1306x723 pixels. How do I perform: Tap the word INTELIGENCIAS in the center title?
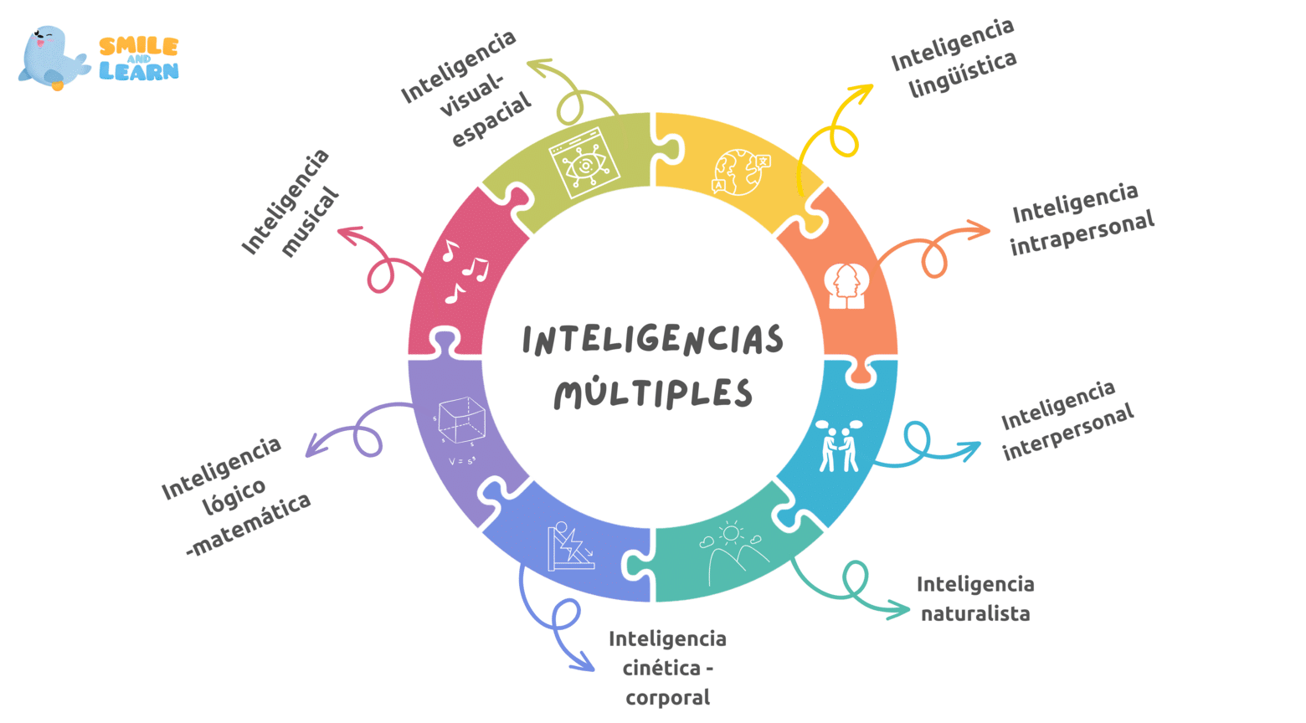(652, 340)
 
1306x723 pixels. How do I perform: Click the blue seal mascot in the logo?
(54, 57)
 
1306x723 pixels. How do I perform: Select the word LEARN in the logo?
(139, 71)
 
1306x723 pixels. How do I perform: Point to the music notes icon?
(465, 271)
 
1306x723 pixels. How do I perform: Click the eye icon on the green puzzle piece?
(584, 162)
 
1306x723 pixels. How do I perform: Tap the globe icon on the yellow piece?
(740, 172)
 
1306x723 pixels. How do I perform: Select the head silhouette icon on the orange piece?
(846, 285)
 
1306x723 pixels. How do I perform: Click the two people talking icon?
(839, 446)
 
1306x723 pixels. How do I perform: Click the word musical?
(309, 222)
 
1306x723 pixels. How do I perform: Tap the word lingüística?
(963, 74)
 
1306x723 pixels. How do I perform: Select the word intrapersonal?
(1082, 233)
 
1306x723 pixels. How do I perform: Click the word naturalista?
(975, 613)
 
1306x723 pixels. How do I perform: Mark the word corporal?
(668, 698)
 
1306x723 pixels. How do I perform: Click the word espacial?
(491, 120)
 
